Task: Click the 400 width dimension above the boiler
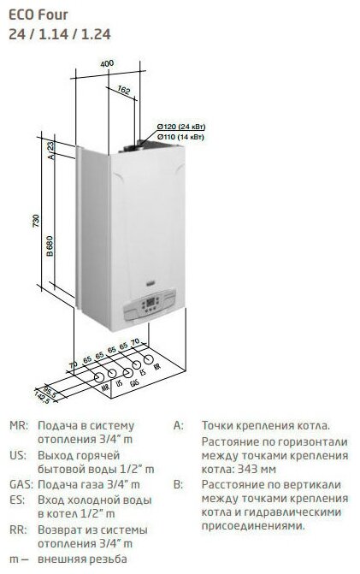click(107, 63)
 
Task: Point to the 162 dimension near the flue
click(124, 90)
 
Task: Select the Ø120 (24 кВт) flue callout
click(181, 127)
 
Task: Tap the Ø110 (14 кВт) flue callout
click(180, 137)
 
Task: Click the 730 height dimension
click(36, 221)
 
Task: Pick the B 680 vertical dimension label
click(50, 246)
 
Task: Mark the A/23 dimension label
click(50, 151)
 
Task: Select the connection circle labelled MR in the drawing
click(99, 378)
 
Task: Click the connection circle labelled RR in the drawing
click(148, 359)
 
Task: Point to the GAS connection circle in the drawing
click(127, 373)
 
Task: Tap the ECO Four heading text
click(38, 15)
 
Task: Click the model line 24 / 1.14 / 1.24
click(60, 34)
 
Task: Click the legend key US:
click(18, 455)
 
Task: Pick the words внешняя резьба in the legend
click(82, 559)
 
